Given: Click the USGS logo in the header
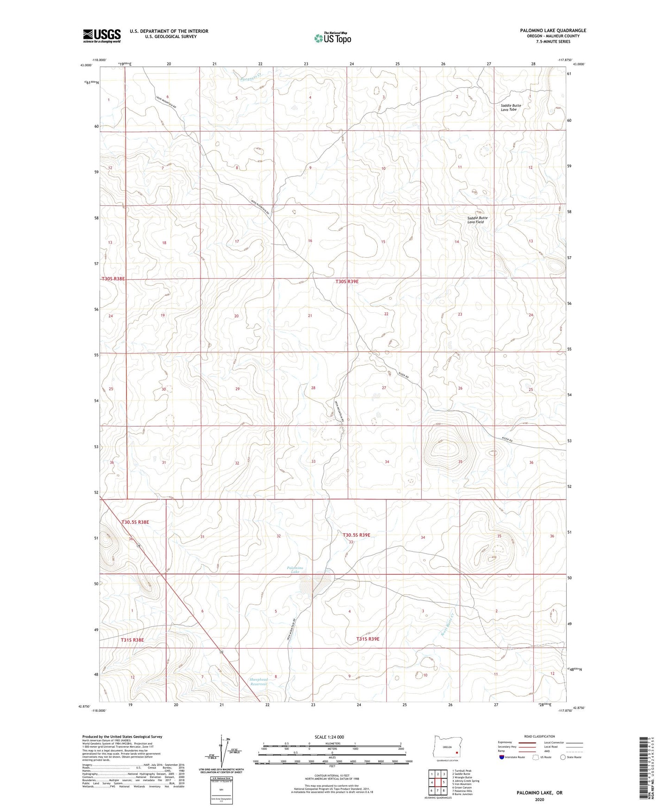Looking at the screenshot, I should [x=102, y=35].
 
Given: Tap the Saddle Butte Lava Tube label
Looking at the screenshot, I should [x=511, y=107].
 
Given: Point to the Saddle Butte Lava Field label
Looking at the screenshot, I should [x=477, y=220].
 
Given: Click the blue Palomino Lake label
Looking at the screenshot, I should [x=294, y=569].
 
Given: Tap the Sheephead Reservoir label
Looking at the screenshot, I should [x=259, y=682].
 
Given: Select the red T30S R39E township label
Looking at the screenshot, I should [x=347, y=281].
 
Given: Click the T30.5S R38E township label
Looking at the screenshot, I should [x=135, y=522].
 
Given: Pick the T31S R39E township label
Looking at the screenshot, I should [x=368, y=639].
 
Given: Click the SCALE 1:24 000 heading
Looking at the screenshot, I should [x=329, y=737].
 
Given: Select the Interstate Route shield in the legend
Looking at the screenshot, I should [x=502, y=757].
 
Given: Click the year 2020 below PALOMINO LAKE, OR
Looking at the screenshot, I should [x=539, y=800].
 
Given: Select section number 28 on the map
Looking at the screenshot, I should [x=313, y=388].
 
